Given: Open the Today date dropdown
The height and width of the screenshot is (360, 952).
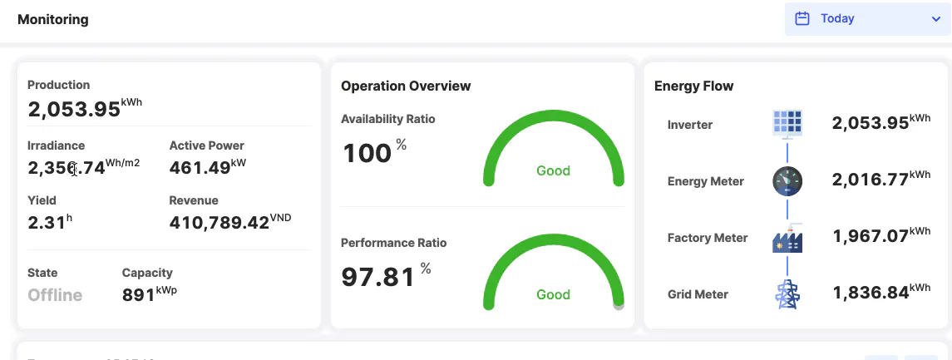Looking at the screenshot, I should coord(867,18).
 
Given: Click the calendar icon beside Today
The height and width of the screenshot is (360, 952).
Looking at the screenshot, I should coord(802,18).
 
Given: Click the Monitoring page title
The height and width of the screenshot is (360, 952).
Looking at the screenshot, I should coord(52,19).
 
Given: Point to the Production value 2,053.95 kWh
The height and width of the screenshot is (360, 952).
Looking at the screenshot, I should coord(74,109).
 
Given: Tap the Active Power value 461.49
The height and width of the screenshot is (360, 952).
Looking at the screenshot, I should coord(200,168).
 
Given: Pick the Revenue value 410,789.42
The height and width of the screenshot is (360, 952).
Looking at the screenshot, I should coord(220,223).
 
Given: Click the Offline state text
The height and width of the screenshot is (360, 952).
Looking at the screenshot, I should coord(55,295).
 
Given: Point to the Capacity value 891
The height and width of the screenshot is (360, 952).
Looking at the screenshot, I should coord(138,295).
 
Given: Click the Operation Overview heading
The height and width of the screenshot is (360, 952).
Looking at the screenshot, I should coord(406,86).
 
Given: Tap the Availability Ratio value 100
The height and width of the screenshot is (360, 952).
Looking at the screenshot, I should coord(367,153).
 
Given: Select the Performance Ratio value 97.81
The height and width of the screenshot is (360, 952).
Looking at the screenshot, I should coord(377,277).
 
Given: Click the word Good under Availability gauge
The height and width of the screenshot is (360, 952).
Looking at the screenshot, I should coord(553,170).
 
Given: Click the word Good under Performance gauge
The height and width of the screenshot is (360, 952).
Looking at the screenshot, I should coord(553,294).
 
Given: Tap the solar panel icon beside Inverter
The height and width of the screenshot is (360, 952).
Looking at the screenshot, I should coord(787,124).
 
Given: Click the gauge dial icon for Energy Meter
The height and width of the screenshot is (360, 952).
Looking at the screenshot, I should coord(787,181).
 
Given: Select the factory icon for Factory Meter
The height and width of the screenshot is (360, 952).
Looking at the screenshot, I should coord(787,239).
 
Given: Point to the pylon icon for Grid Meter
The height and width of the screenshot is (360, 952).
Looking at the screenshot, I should coord(787,294).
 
